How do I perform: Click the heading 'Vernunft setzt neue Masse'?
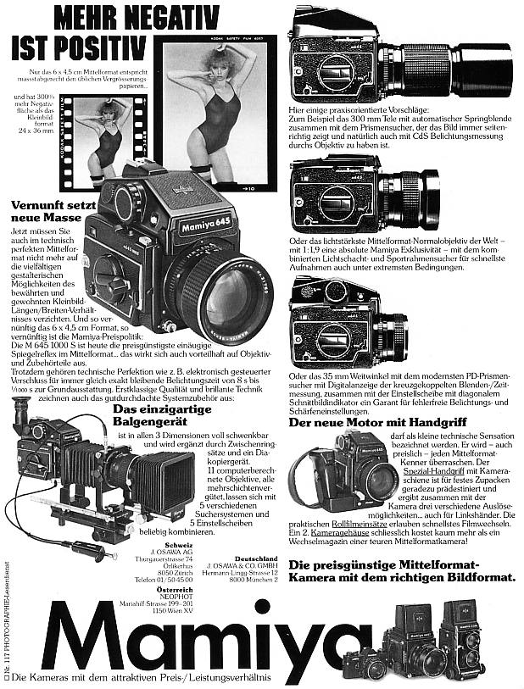tap(51, 212)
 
